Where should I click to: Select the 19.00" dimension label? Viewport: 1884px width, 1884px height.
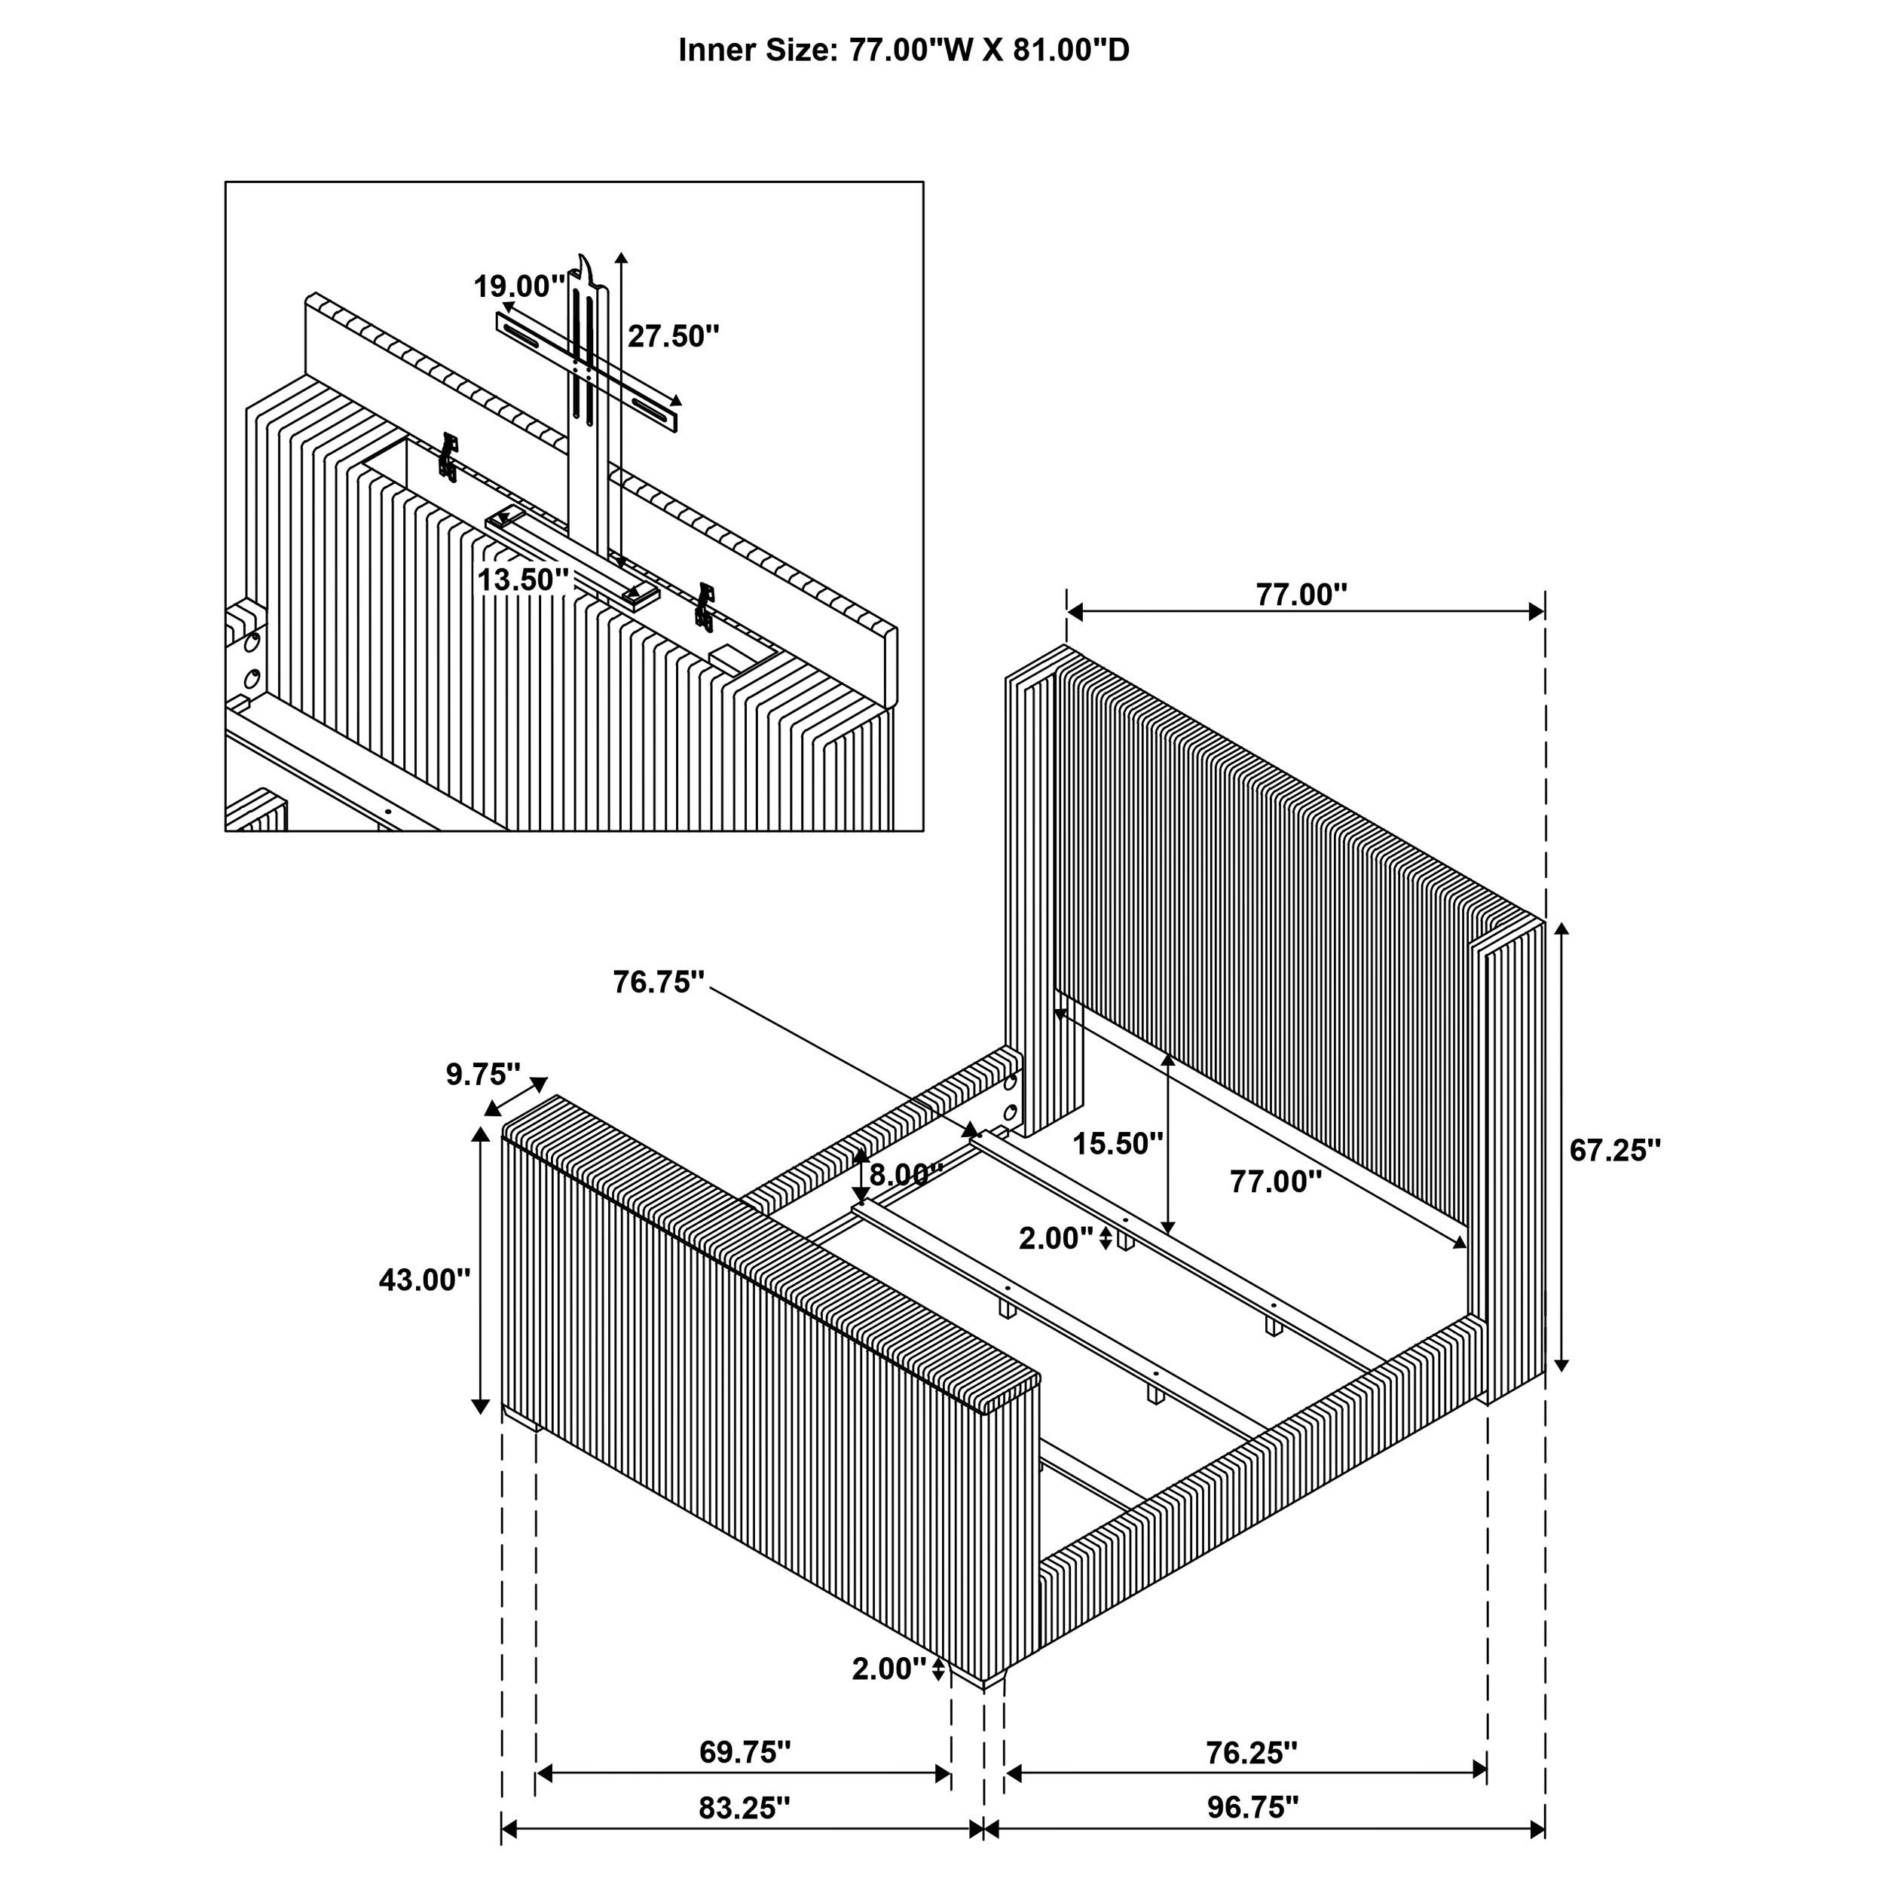coord(518,286)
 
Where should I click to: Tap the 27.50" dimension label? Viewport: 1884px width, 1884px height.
coord(673,336)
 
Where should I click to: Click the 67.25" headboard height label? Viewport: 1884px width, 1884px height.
coord(1615,1151)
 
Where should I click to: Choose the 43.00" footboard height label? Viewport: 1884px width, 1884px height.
coord(424,1280)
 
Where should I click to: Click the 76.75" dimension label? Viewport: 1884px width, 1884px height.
coord(658,982)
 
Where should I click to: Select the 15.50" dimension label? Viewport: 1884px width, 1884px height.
coord(1118,1143)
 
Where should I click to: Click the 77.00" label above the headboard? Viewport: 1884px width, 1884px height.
coord(1301,595)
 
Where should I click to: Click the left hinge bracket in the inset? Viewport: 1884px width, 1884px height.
coord(448,457)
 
